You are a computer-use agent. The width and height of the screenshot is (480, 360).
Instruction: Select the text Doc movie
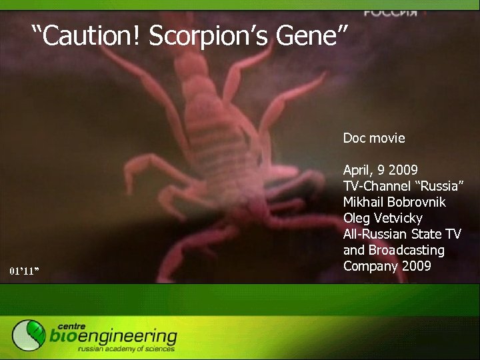374,138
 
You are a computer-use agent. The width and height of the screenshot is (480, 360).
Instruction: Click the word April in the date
358,170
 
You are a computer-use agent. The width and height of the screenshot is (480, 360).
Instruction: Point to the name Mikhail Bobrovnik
395,202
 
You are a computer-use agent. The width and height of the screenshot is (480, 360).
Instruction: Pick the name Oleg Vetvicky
383,218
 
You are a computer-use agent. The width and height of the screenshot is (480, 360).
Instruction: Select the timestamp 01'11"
25,271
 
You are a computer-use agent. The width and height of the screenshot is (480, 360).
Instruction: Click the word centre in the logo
71,325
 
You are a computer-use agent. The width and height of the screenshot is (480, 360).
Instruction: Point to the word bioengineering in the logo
113,337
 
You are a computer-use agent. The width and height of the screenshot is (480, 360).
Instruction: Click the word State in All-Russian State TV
423,234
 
